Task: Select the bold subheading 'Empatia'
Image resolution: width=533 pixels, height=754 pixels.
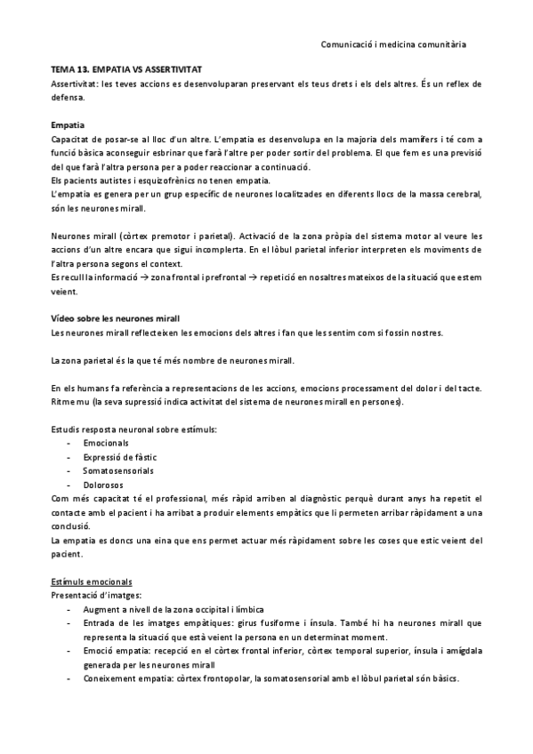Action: click(x=68, y=124)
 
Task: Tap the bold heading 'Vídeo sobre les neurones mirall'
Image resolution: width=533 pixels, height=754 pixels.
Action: click(x=116, y=317)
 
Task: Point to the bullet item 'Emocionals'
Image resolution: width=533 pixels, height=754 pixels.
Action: click(x=106, y=442)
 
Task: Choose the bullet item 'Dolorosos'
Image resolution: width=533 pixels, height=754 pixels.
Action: click(x=103, y=485)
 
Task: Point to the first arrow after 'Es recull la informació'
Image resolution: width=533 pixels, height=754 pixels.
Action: click(x=143, y=277)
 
